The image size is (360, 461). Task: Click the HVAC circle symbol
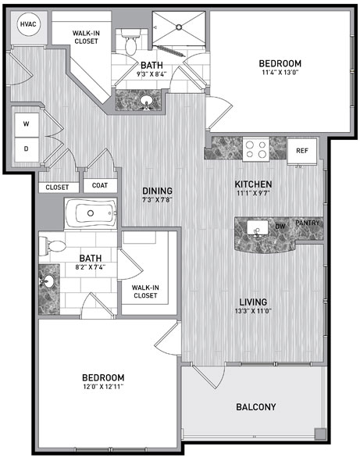(28, 24)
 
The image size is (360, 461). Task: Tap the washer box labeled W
(27, 125)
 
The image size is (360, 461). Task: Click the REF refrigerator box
(301, 151)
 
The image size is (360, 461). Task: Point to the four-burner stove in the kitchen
(255, 149)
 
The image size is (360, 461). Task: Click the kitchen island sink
(258, 228)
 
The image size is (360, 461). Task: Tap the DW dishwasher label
(280, 227)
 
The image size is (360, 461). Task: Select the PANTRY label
(307, 223)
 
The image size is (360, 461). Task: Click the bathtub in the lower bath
(91, 213)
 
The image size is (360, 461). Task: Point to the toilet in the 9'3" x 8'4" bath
(130, 41)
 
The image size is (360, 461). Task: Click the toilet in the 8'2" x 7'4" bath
(53, 246)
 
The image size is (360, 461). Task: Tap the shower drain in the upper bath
(179, 27)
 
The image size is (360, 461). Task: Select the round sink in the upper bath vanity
(145, 101)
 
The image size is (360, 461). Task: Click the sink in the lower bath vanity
(48, 281)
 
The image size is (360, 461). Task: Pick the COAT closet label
(100, 185)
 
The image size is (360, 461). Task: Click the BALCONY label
(256, 407)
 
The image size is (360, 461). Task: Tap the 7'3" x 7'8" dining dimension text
(157, 200)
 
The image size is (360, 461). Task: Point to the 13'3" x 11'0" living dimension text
(253, 311)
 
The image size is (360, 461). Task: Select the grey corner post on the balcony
(320, 434)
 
